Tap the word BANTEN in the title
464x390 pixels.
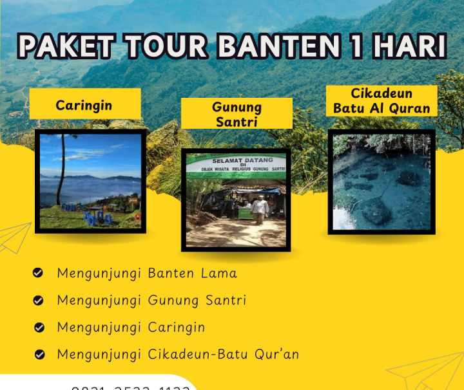click(x=270, y=47)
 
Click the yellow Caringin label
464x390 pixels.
click(x=84, y=104)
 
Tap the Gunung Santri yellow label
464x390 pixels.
click(x=237, y=113)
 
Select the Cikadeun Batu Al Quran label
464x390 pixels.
click(x=382, y=101)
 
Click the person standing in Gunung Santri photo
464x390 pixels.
click(x=259, y=209)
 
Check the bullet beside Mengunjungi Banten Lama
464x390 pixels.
click(x=38, y=274)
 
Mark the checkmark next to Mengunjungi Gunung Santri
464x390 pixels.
click(x=38, y=301)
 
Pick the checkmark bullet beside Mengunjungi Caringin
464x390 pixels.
click(x=38, y=328)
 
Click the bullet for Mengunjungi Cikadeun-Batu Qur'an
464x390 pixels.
click(x=39, y=355)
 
